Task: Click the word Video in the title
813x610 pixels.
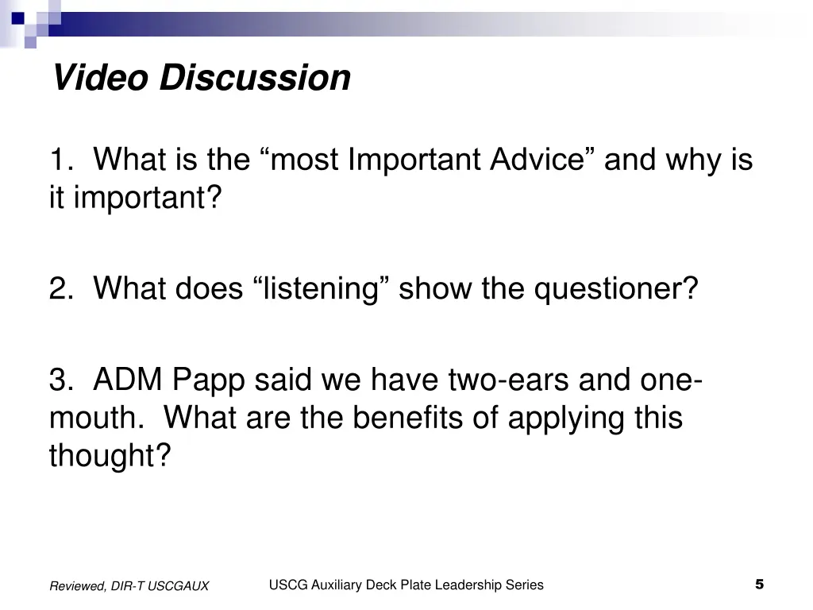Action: pyautogui.click(x=100, y=78)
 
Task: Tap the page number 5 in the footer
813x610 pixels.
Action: pyautogui.click(x=759, y=585)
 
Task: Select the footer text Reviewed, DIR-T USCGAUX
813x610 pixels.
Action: pyautogui.click(x=129, y=586)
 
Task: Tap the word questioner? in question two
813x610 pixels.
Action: pyautogui.click(x=615, y=289)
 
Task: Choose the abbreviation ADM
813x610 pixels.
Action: pyautogui.click(x=126, y=380)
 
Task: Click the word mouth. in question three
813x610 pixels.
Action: pyautogui.click(x=95, y=419)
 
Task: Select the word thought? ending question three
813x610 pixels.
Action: pyautogui.click(x=110, y=456)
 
